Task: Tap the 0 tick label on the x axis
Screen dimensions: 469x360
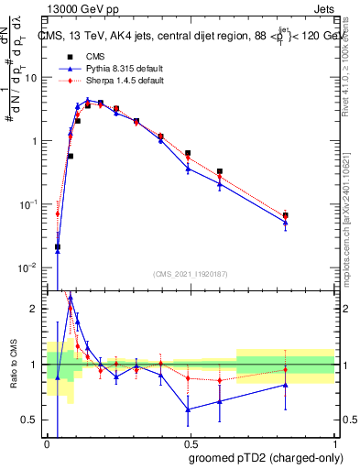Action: [x=46, y=445]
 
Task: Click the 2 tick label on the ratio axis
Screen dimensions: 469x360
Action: [x=35, y=309]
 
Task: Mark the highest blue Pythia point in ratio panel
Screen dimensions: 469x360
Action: [x=71, y=298]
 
